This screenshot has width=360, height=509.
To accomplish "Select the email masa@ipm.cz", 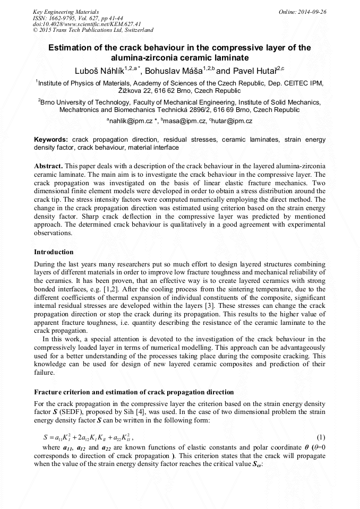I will tap(186, 121).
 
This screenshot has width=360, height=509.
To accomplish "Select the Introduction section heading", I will tap(54, 252).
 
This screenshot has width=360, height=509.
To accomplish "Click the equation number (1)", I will tap(321, 437).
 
